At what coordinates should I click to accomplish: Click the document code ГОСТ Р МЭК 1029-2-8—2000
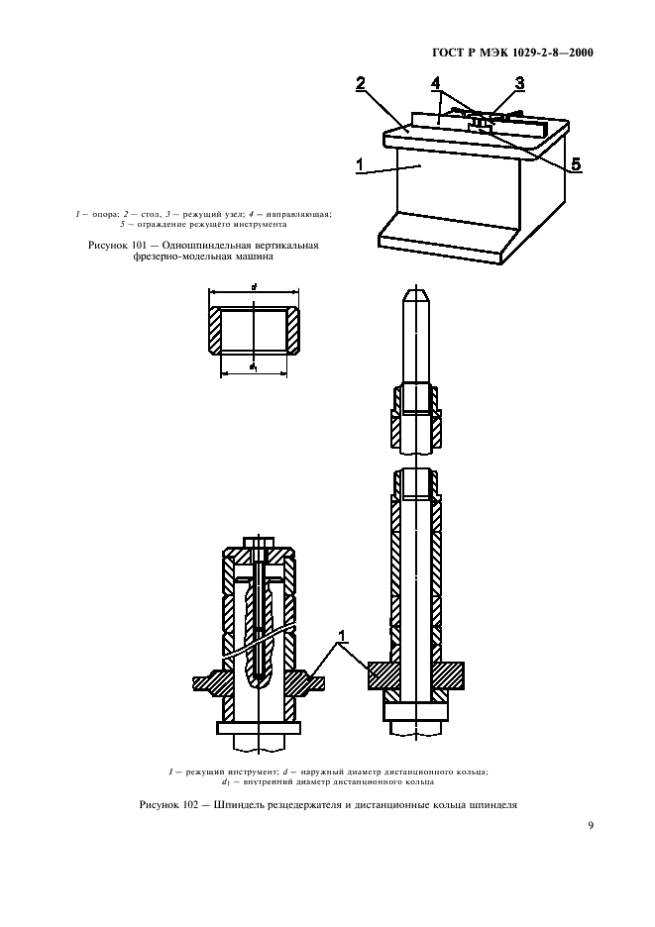coord(512,53)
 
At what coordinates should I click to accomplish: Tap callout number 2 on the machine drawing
coord(361,83)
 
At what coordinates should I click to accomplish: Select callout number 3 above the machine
coord(519,83)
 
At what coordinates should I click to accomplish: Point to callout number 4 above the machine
coord(436,83)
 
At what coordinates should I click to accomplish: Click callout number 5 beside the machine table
coord(577,163)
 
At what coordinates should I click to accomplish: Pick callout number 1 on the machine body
coord(360,164)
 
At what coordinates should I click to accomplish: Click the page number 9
coord(590,826)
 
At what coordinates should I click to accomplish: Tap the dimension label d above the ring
coord(254,287)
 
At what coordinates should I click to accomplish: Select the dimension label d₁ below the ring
coord(254,367)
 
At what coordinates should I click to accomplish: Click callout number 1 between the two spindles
coord(342,636)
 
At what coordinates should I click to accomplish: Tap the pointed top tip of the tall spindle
coord(416,288)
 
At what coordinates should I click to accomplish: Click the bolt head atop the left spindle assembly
coord(260,542)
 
